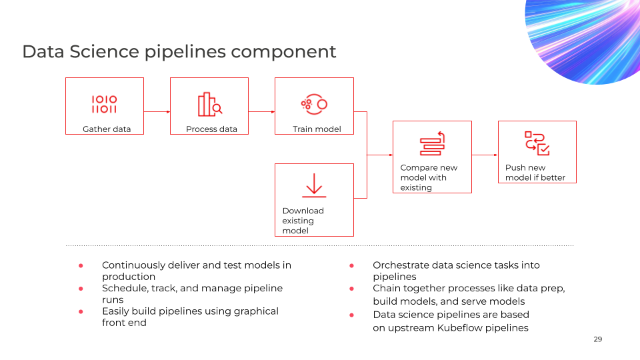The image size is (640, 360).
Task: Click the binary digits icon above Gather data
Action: pyautogui.click(x=104, y=104)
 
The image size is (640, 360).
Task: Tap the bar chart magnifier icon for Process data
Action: pyautogui.click(x=210, y=105)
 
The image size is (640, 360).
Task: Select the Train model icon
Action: pyautogui.click(x=314, y=105)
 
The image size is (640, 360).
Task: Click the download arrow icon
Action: pyautogui.click(x=314, y=185)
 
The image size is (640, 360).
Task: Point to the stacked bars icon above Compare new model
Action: pyautogui.click(x=432, y=143)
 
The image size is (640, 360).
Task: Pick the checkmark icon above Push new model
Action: pyautogui.click(x=537, y=143)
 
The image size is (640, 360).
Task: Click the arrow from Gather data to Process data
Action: pyautogui.click(x=157, y=112)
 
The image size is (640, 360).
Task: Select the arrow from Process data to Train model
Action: pyautogui.click(x=261, y=112)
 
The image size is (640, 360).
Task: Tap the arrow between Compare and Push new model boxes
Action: pyautogui.click(x=485, y=155)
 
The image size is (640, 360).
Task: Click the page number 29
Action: pyautogui.click(x=597, y=339)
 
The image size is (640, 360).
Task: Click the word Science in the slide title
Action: pyautogui.click(x=104, y=52)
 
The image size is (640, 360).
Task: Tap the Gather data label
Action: pyautogui.click(x=107, y=129)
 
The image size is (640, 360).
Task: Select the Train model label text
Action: pyautogui.click(x=317, y=129)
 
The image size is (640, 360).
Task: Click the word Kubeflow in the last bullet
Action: pyautogui.click(x=461, y=328)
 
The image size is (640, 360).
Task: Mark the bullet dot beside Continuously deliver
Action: pyautogui.click(x=81, y=266)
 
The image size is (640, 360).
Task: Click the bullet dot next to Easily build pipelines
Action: pyautogui.click(x=81, y=311)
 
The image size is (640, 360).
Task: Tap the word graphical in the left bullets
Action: pyautogui.click(x=256, y=312)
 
